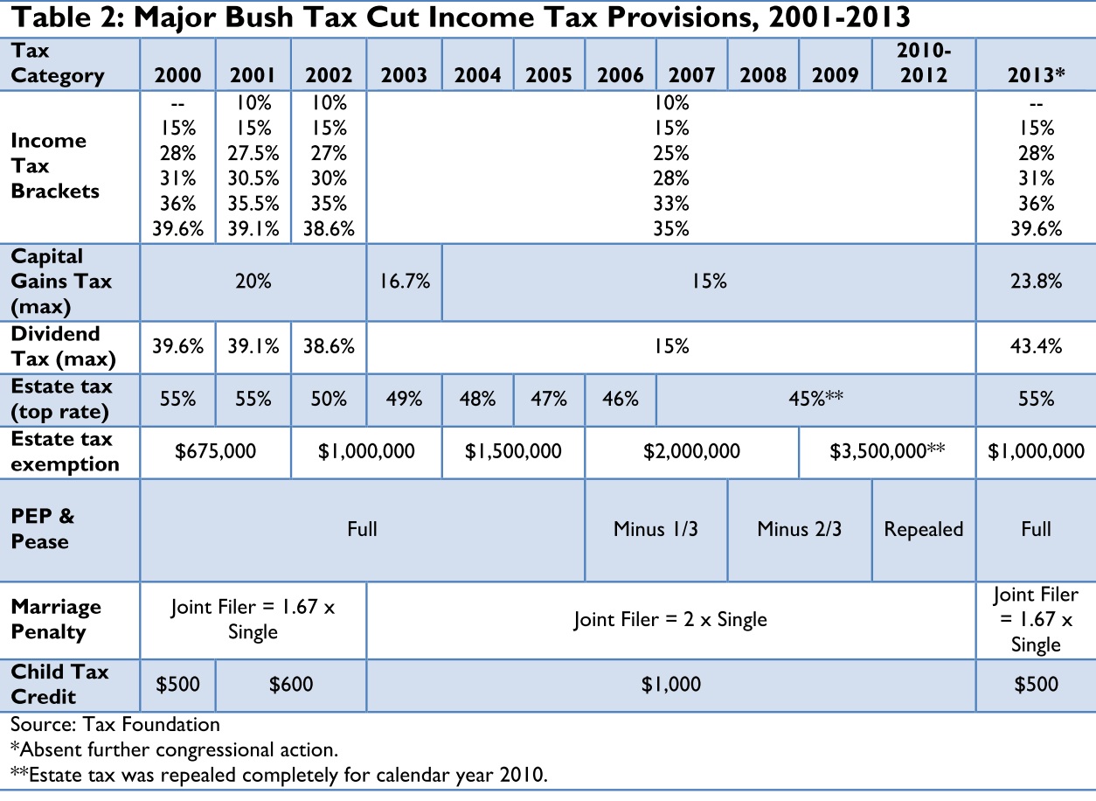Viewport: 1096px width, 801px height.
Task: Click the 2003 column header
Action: (x=405, y=75)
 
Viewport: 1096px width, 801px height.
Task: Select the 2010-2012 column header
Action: (x=923, y=64)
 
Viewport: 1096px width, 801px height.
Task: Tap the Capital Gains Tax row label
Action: (x=60, y=282)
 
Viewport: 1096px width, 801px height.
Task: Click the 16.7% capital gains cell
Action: (x=405, y=282)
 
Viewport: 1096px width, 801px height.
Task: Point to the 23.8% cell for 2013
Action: (x=1036, y=282)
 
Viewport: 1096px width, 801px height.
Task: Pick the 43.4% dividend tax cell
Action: (x=1036, y=346)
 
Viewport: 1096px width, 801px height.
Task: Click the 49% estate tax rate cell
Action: (x=405, y=399)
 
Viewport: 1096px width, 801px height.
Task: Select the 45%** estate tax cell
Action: (x=815, y=399)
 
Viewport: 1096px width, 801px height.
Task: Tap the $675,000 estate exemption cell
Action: (x=216, y=451)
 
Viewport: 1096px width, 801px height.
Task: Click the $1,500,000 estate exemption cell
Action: (x=513, y=451)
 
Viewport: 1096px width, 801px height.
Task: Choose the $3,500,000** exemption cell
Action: (x=887, y=451)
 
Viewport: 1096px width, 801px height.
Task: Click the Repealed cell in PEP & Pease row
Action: (x=923, y=529)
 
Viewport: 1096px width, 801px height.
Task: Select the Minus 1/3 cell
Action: (x=656, y=529)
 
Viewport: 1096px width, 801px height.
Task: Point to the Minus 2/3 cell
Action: (x=799, y=529)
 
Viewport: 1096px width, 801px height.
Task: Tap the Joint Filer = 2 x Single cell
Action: (x=670, y=619)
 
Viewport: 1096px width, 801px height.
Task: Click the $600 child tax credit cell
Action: (x=291, y=684)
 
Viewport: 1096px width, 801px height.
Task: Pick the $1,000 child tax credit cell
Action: (x=670, y=684)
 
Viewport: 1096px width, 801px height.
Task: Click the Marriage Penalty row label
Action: (x=56, y=619)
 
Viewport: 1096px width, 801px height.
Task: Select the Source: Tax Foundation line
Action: (x=115, y=724)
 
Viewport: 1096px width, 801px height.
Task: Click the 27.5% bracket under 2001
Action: (x=253, y=153)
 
